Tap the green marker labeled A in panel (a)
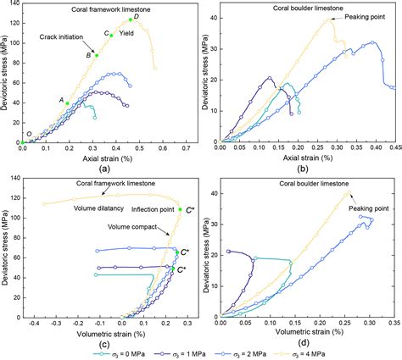click(x=68, y=102)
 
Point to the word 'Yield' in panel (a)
click(x=126, y=34)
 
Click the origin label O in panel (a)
click(x=29, y=134)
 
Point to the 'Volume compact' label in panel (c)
click(x=130, y=226)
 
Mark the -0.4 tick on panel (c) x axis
click(x=32, y=322)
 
